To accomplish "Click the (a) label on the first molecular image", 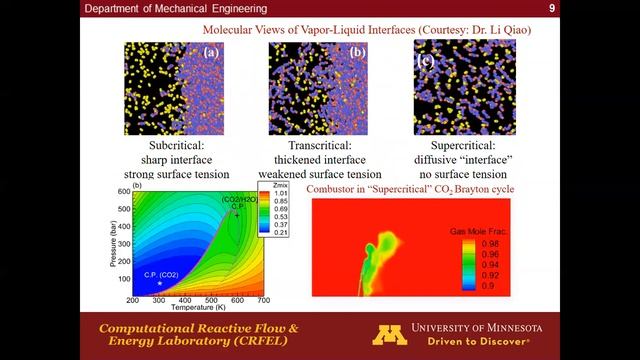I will click(x=211, y=53).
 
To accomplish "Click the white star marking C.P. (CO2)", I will click(x=159, y=284).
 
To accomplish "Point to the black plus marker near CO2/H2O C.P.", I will click(x=236, y=214).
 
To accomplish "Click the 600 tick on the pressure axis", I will click(x=124, y=191).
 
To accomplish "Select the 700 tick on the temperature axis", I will click(x=263, y=300).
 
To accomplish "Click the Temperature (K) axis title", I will click(x=197, y=309).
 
